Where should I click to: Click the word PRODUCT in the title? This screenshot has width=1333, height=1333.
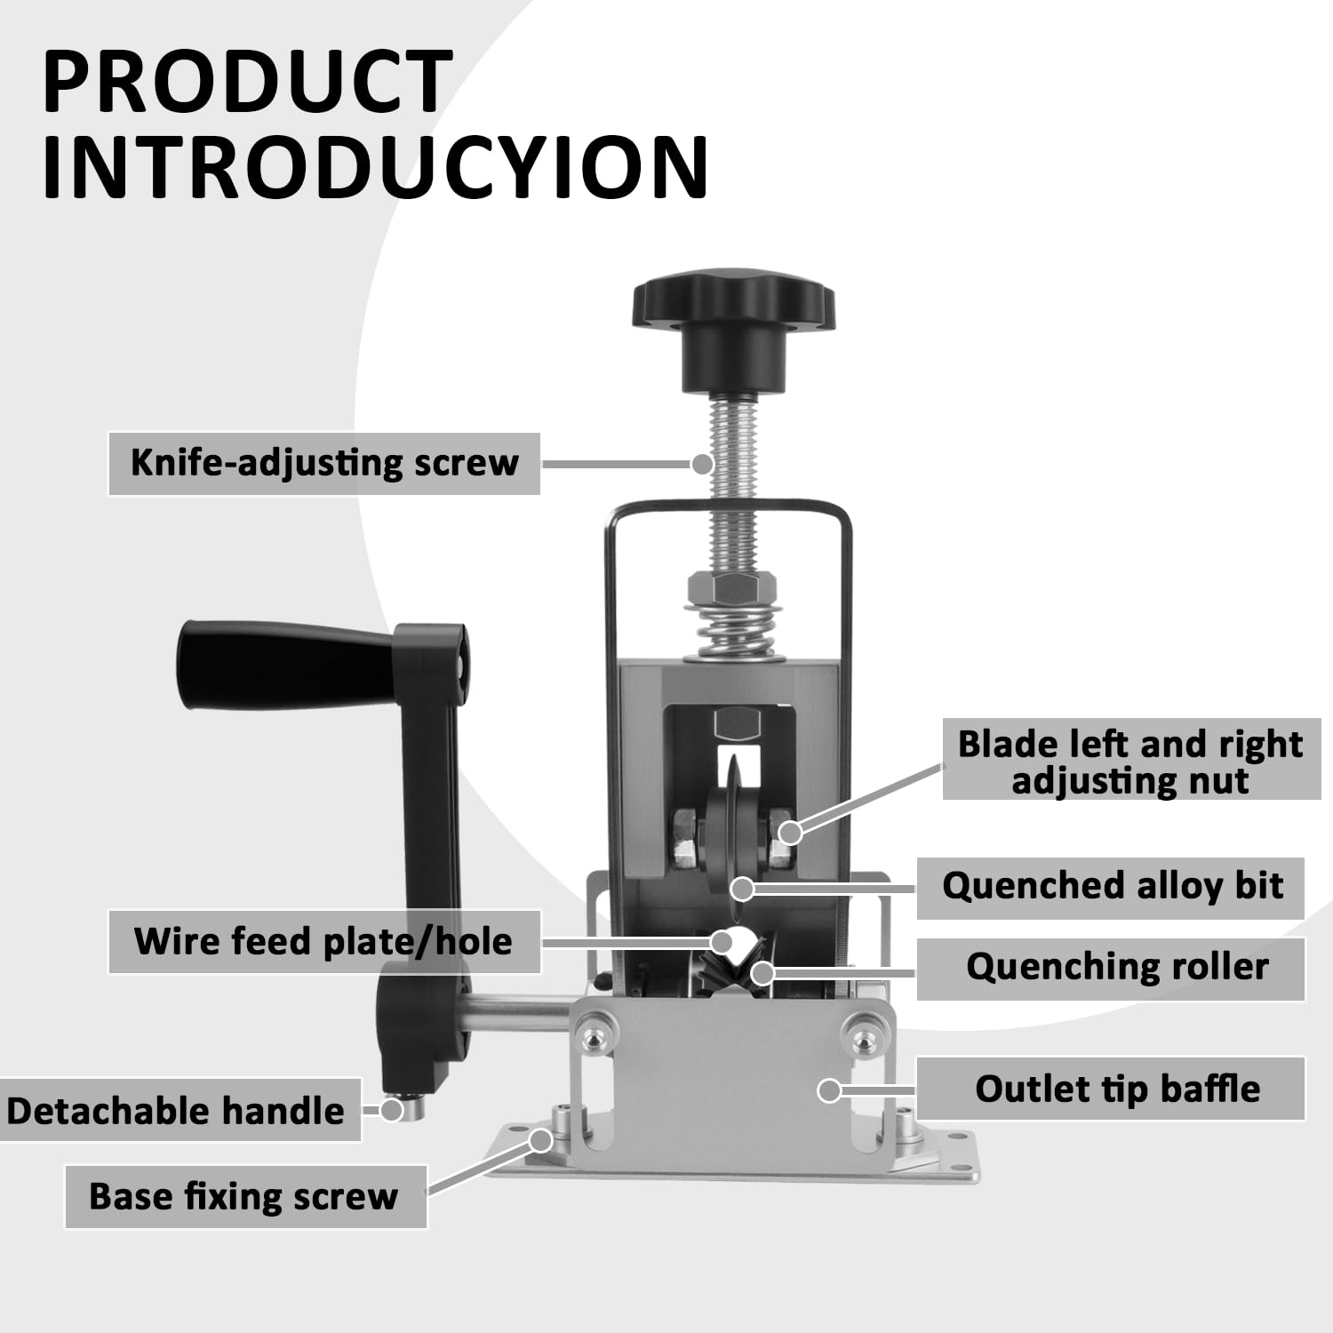[247, 82]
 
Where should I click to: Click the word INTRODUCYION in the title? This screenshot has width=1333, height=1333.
[375, 167]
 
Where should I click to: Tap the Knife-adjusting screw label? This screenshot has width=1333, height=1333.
[324, 463]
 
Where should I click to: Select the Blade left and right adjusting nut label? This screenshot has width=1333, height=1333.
[1130, 762]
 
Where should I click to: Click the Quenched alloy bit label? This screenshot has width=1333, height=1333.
[1113, 886]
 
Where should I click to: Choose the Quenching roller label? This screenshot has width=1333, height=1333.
[1117, 967]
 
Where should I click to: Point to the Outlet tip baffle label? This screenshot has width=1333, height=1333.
[1117, 1089]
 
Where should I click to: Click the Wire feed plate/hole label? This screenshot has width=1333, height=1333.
[323, 941]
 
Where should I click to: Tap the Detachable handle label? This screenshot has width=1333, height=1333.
[176, 1111]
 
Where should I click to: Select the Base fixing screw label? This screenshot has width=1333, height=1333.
[243, 1196]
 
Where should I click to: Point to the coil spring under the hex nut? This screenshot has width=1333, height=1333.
[734, 633]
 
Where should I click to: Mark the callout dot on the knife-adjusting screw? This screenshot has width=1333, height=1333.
[702, 463]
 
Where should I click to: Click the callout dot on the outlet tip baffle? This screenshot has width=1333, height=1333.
[830, 1090]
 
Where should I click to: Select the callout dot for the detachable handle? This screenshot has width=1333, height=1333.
[392, 1109]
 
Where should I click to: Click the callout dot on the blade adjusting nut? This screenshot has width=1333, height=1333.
[790, 832]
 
